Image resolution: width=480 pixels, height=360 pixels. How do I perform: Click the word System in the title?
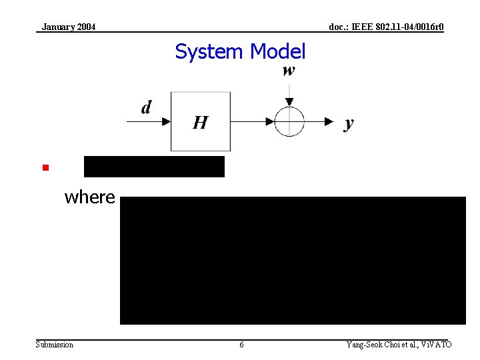(x=209, y=51)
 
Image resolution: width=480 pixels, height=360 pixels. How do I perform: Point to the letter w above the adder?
(x=289, y=71)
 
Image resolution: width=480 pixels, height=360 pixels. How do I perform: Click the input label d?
(x=146, y=107)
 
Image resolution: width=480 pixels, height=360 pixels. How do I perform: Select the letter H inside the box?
(x=200, y=123)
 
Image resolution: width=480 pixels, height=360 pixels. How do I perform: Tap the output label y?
(x=349, y=123)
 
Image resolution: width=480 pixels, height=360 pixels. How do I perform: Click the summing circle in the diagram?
(x=289, y=121)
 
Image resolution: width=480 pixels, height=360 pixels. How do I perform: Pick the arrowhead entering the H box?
(x=166, y=121)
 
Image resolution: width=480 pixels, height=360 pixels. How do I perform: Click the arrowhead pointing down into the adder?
(x=289, y=101)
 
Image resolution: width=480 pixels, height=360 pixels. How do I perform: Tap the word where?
(x=89, y=197)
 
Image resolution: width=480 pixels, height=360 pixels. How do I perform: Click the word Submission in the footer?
(x=55, y=345)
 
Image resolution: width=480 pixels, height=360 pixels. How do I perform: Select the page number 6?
(x=241, y=345)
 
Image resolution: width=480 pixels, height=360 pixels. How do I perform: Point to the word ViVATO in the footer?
(x=437, y=345)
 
